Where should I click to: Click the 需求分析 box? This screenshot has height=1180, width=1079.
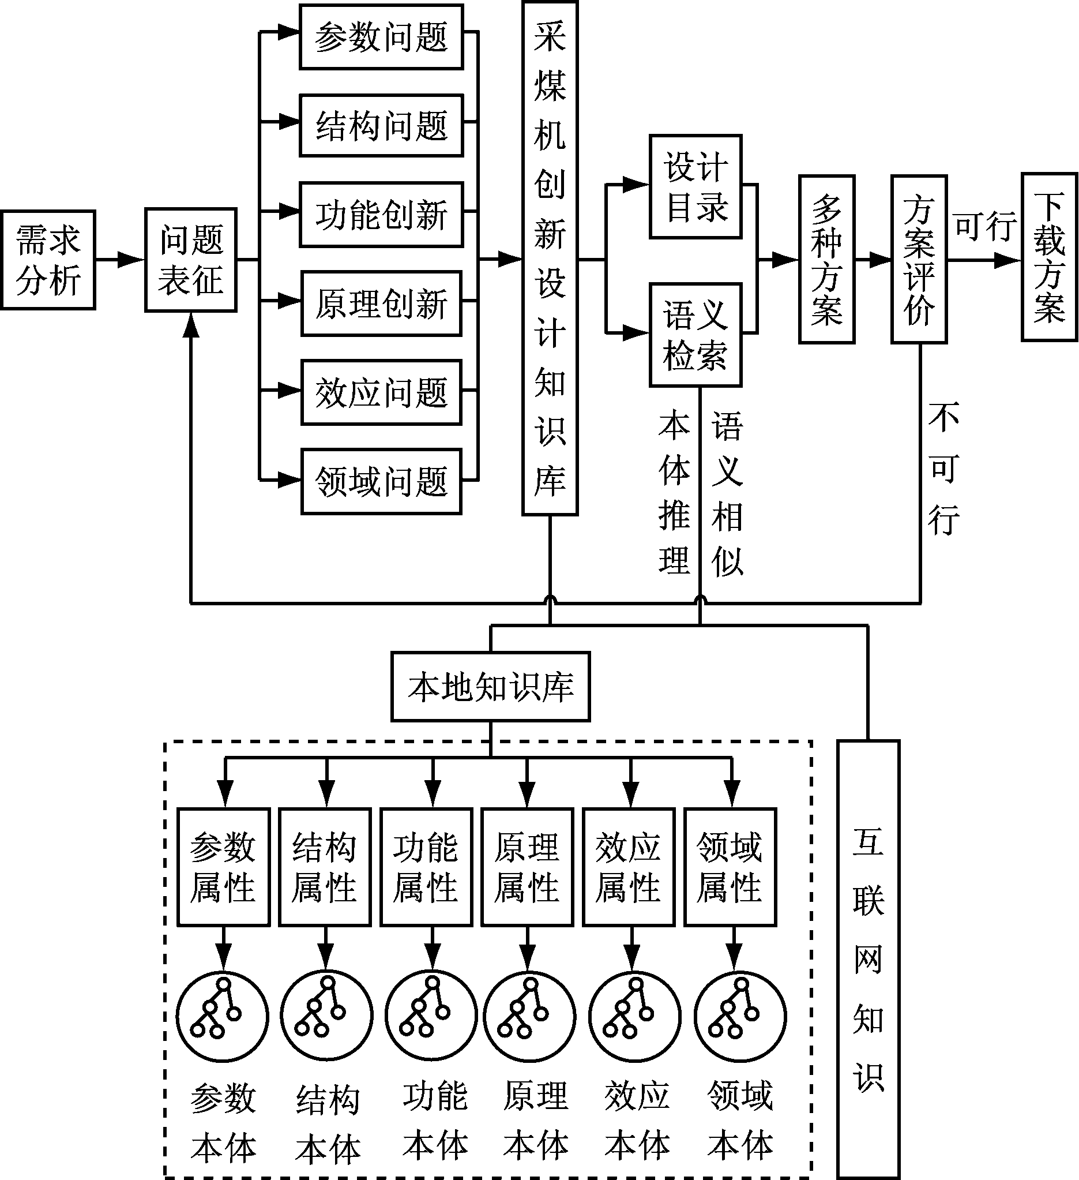click(48, 260)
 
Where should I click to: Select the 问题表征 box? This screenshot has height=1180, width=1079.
click(191, 260)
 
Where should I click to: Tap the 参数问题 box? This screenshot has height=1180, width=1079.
click(382, 37)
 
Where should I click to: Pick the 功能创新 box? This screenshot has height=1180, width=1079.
click(382, 215)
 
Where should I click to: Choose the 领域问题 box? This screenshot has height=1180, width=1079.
click(382, 482)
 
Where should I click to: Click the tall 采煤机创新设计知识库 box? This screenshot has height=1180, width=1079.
click(550, 258)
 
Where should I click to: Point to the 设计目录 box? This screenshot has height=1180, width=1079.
click(695, 187)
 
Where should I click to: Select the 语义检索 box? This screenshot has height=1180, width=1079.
click(695, 335)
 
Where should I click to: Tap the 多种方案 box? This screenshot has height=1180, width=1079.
click(827, 259)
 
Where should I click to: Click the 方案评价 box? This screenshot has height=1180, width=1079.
click(919, 259)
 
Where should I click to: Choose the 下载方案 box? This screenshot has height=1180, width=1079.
click(1050, 257)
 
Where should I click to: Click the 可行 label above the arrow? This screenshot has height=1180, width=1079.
click(985, 226)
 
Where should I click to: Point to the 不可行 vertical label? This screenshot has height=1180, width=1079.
click(943, 469)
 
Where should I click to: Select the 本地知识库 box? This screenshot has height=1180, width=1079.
click(490, 687)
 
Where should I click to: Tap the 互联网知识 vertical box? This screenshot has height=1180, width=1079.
click(869, 960)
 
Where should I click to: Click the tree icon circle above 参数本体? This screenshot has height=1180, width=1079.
click(223, 1016)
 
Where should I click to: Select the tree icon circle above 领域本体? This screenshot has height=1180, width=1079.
click(741, 1016)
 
